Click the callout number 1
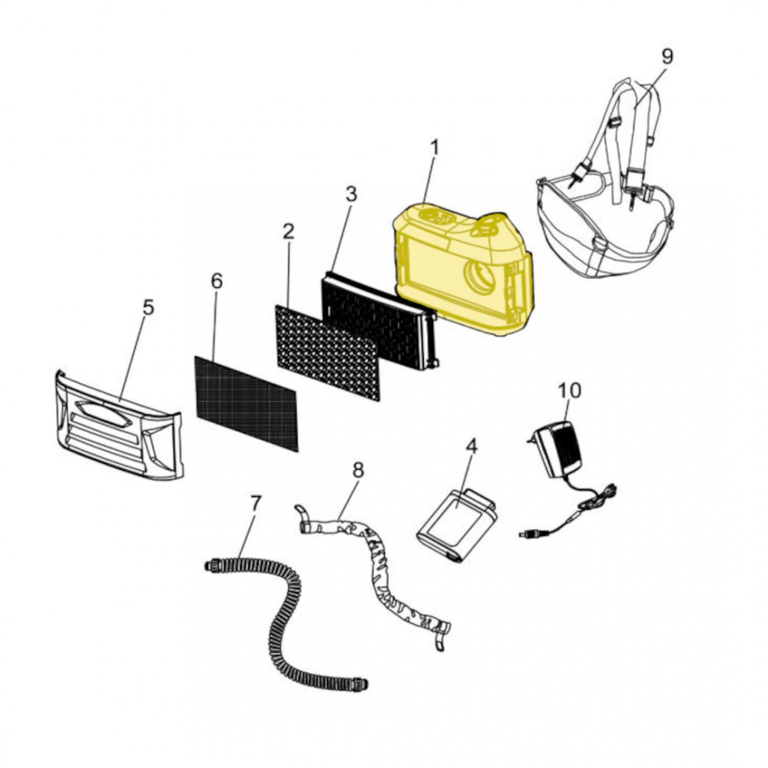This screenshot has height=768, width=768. (x=434, y=148)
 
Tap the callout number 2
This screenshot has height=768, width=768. (x=289, y=231)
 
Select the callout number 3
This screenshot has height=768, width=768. (x=351, y=194)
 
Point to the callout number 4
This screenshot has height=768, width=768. (x=472, y=446)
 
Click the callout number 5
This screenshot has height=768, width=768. (x=148, y=308)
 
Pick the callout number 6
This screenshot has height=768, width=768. (x=217, y=281)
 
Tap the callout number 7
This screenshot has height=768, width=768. (x=255, y=504)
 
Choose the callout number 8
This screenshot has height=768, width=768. (x=359, y=471)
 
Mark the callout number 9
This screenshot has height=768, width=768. (x=667, y=56)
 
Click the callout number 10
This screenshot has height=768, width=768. (x=570, y=390)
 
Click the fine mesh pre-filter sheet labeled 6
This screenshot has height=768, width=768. (x=247, y=403)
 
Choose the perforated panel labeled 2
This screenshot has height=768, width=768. (x=328, y=353)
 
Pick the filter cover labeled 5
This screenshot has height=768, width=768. (x=118, y=425)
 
